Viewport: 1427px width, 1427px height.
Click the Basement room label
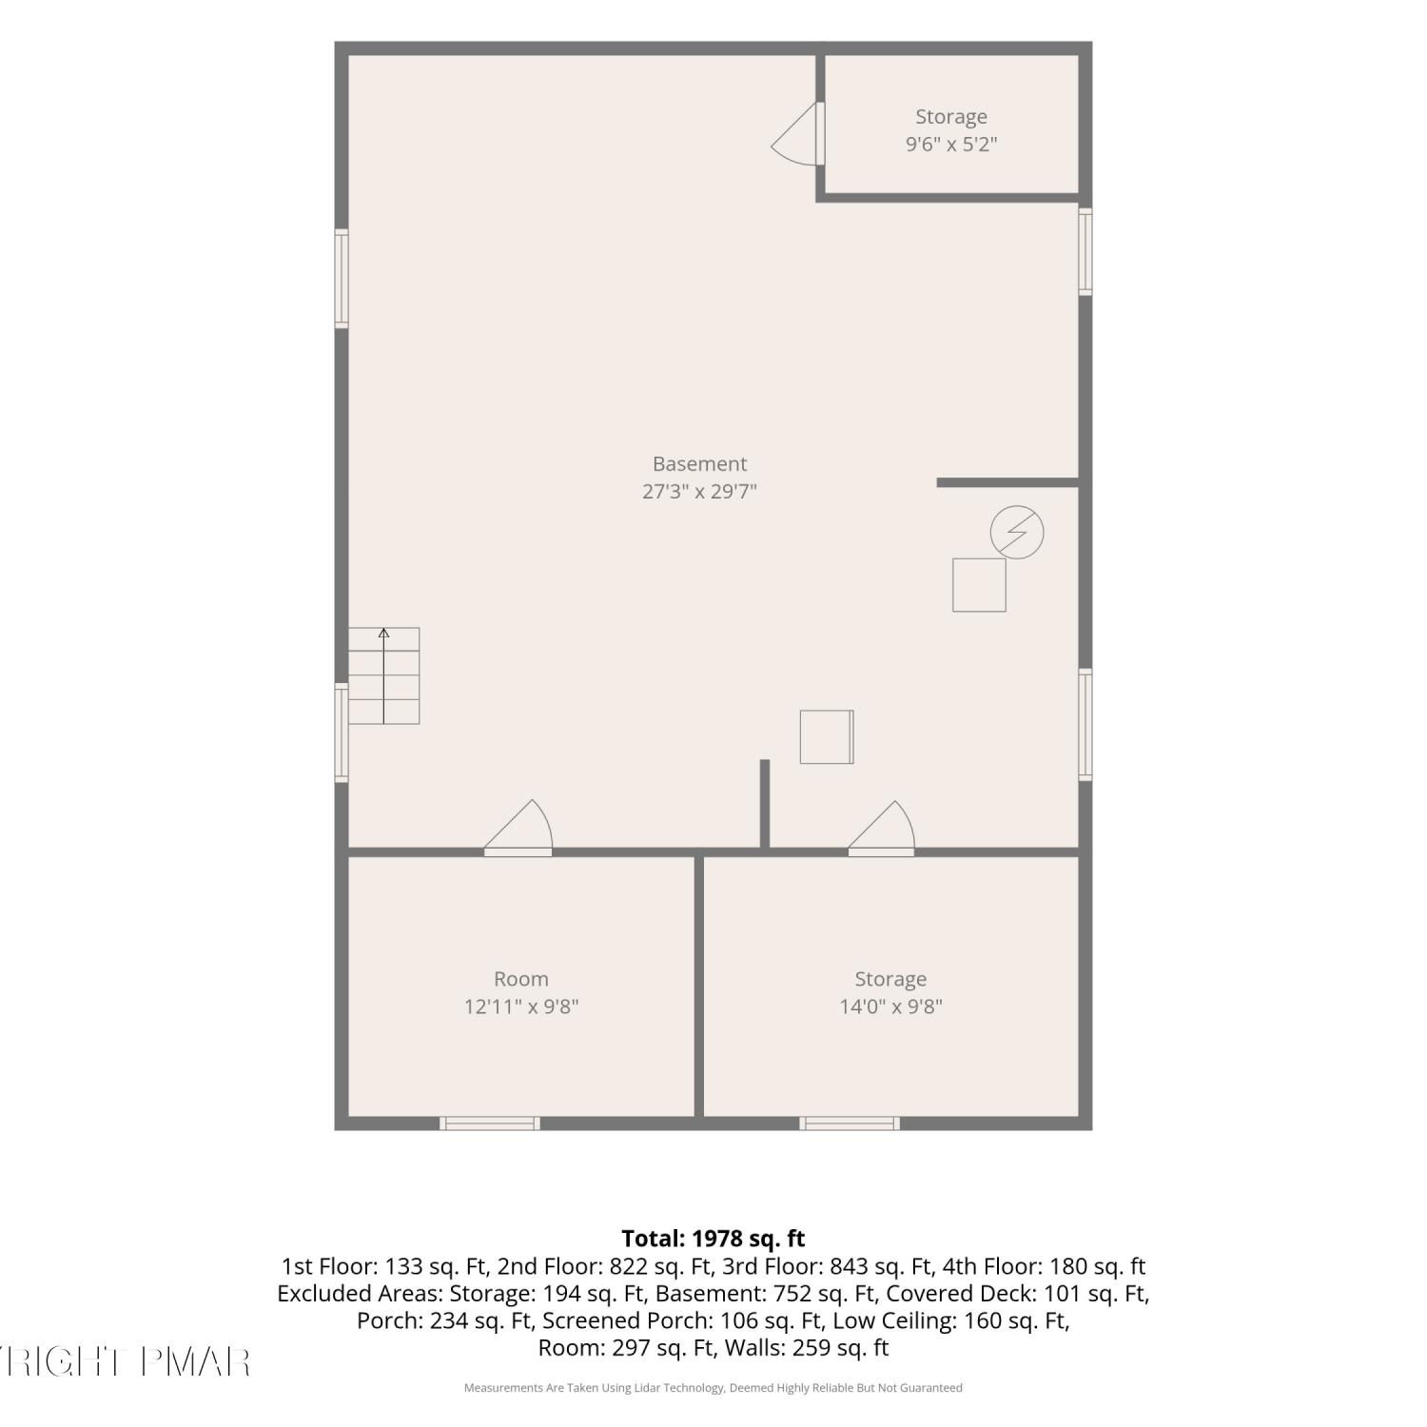(x=699, y=464)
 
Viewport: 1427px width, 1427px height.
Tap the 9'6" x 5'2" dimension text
(x=951, y=145)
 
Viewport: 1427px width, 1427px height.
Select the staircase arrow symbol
(x=383, y=675)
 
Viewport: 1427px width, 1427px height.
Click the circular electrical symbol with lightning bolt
(x=1017, y=532)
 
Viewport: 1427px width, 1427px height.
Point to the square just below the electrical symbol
(x=979, y=584)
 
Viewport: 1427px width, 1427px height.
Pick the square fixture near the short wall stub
(x=827, y=737)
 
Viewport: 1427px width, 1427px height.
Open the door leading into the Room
(x=518, y=828)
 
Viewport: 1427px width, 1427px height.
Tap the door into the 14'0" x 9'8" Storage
(x=882, y=828)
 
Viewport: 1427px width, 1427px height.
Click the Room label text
(x=521, y=979)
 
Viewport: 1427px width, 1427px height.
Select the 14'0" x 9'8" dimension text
(x=890, y=1007)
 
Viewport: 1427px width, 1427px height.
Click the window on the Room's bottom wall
(x=490, y=1124)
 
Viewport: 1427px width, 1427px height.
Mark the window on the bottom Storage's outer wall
(x=850, y=1124)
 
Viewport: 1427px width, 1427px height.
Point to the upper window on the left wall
(x=342, y=279)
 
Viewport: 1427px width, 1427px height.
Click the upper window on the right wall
(x=1085, y=251)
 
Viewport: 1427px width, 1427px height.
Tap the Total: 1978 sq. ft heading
(x=713, y=1239)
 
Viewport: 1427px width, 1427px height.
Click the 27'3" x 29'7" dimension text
(x=699, y=492)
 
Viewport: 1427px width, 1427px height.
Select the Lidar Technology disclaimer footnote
(x=713, y=1388)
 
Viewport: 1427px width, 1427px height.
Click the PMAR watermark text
(x=196, y=1362)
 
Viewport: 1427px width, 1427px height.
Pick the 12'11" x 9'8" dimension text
(x=521, y=1007)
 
